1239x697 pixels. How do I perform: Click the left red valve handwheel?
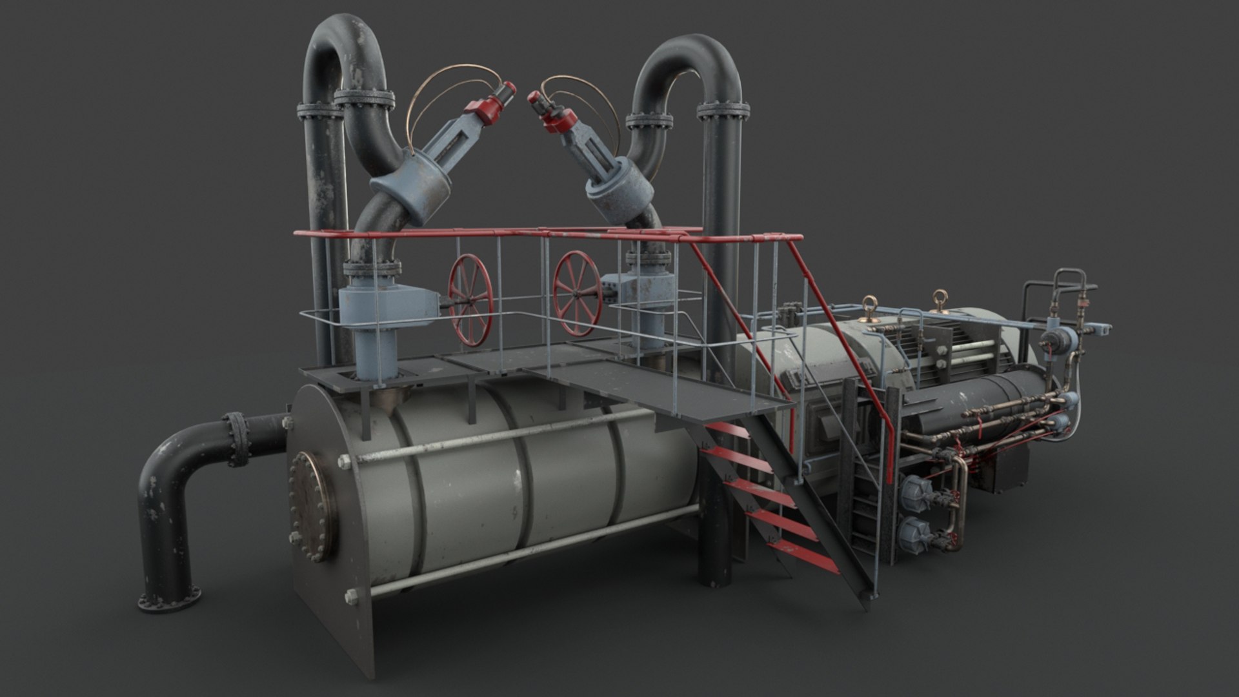pyautogui.click(x=470, y=301)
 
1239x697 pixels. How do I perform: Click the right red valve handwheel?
pyautogui.click(x=577, y=293)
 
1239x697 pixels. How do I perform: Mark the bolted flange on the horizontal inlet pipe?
pyautogui.click(x=236, y=439)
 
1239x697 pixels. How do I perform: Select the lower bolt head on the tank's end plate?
pyautogui.click(x=352, y=597)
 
